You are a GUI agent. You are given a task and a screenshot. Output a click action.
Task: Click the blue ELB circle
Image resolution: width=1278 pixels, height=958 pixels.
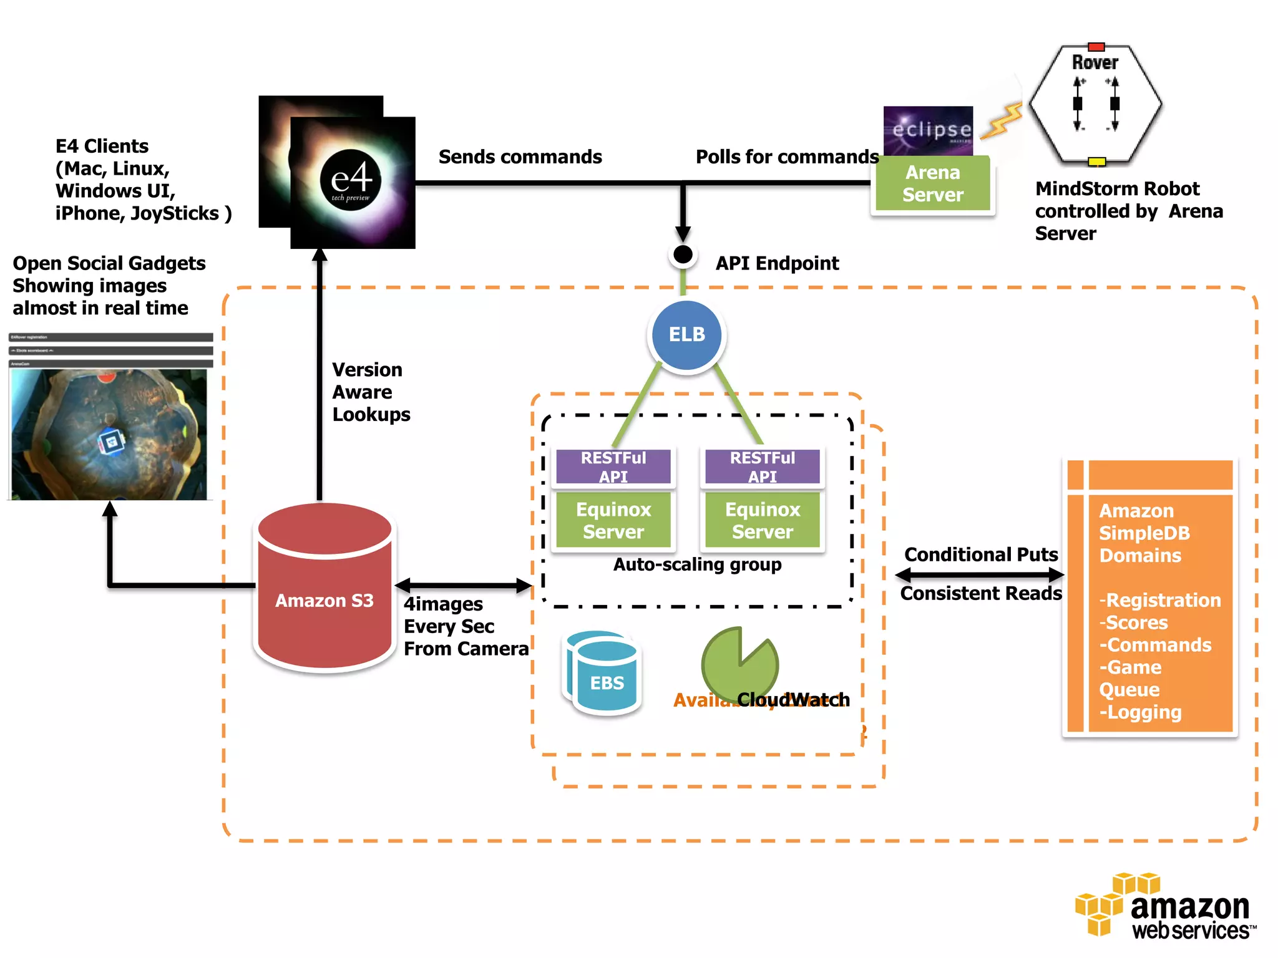[686, 335]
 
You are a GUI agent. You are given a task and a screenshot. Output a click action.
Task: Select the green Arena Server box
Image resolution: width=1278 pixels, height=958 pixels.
[932, 184]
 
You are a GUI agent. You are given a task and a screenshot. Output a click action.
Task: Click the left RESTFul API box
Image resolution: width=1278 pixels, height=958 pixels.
[613, 467]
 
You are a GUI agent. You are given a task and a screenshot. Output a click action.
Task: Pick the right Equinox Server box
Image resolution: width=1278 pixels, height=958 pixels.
[762, 520]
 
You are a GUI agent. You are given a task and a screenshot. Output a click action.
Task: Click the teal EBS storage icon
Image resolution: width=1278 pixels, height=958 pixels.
[603, 674]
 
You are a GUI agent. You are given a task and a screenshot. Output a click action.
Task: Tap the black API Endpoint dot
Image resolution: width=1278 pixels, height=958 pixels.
[683, 254]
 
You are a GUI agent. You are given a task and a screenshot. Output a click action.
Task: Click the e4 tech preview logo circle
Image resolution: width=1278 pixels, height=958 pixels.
[351, 180]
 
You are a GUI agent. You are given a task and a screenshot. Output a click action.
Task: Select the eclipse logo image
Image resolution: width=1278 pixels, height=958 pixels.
[928, 130]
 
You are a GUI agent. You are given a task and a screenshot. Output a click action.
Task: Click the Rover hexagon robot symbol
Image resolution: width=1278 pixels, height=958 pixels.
[1095, 104]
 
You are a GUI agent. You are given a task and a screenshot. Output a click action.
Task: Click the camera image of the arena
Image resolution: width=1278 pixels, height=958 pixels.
[109, 434]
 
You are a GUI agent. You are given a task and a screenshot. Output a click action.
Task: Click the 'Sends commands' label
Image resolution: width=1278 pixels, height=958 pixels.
[520, 157]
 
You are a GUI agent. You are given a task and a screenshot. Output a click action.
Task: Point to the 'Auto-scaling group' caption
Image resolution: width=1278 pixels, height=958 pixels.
[697, 564]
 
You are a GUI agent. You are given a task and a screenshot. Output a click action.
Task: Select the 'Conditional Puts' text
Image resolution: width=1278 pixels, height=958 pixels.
[981, 554]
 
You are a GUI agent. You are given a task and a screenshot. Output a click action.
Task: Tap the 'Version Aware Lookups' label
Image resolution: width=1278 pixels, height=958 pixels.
[371, 392]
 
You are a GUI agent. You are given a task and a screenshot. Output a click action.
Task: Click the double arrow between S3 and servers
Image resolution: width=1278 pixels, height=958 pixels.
[463, 585]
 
